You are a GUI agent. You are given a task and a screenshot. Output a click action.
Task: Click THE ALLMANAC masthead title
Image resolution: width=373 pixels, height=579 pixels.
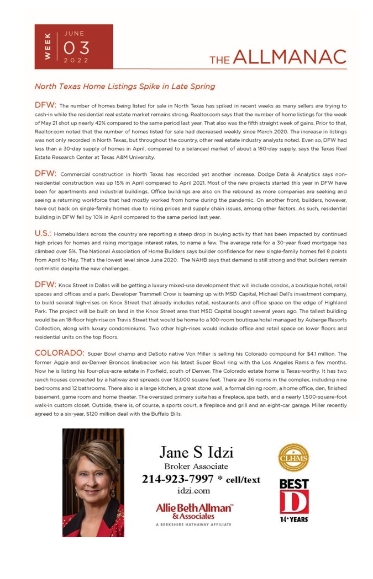coord(277,57)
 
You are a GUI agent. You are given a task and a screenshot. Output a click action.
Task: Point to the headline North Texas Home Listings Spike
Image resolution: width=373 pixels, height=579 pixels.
coord(125,87)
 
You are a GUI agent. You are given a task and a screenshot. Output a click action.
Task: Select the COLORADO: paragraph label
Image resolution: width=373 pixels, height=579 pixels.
coord(59,352)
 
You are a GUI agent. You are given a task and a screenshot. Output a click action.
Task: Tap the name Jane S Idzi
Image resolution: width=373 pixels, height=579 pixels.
coord(196,453)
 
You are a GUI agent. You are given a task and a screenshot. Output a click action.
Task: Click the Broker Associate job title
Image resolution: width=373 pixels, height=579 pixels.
coord(196,467)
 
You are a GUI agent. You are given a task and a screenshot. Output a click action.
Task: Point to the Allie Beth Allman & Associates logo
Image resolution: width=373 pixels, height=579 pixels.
coord(194,511)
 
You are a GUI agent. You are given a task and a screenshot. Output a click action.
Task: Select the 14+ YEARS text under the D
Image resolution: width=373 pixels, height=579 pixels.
coord(293,519)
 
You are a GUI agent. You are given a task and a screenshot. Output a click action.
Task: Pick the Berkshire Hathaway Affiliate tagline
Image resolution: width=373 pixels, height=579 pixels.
coord(194,526)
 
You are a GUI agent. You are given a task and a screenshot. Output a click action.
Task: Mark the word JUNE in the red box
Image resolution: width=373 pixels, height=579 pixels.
coord(74,33)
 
